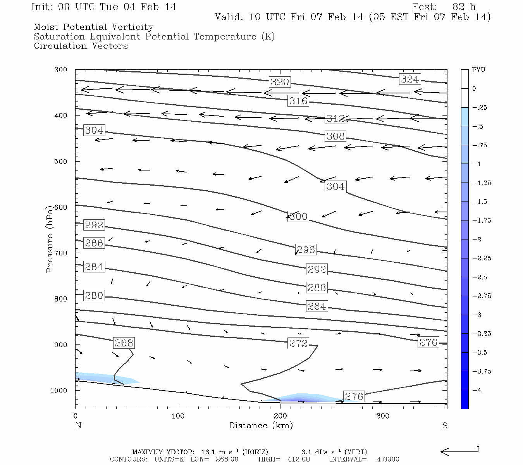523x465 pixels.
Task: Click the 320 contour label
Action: coord(280,82)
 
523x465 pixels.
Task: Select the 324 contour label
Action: coord(409,79)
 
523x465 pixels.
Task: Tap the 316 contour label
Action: coord(298,101)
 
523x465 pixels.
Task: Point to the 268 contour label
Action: coord(124,343)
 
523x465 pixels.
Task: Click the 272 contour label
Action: coord(298,343)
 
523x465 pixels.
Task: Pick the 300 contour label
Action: coord(298,217)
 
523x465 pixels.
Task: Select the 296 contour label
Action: coord(306,250)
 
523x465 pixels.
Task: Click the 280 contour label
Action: coord(94,296)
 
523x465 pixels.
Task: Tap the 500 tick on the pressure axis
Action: coord(61,162)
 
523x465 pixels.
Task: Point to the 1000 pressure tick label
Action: coord(59,391)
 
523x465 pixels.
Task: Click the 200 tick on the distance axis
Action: coord(280,416)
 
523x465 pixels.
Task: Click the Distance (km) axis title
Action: coord(261,425)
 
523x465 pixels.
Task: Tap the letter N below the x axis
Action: coord(78,425)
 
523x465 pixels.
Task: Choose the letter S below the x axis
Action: coord(445,425)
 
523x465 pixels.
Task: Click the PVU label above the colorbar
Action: coord(478,70)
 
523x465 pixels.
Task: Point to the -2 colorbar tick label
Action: coord(477,239)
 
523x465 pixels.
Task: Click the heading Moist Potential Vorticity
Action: coord(93,27)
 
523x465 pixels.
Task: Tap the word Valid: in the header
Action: coord(229,17)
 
